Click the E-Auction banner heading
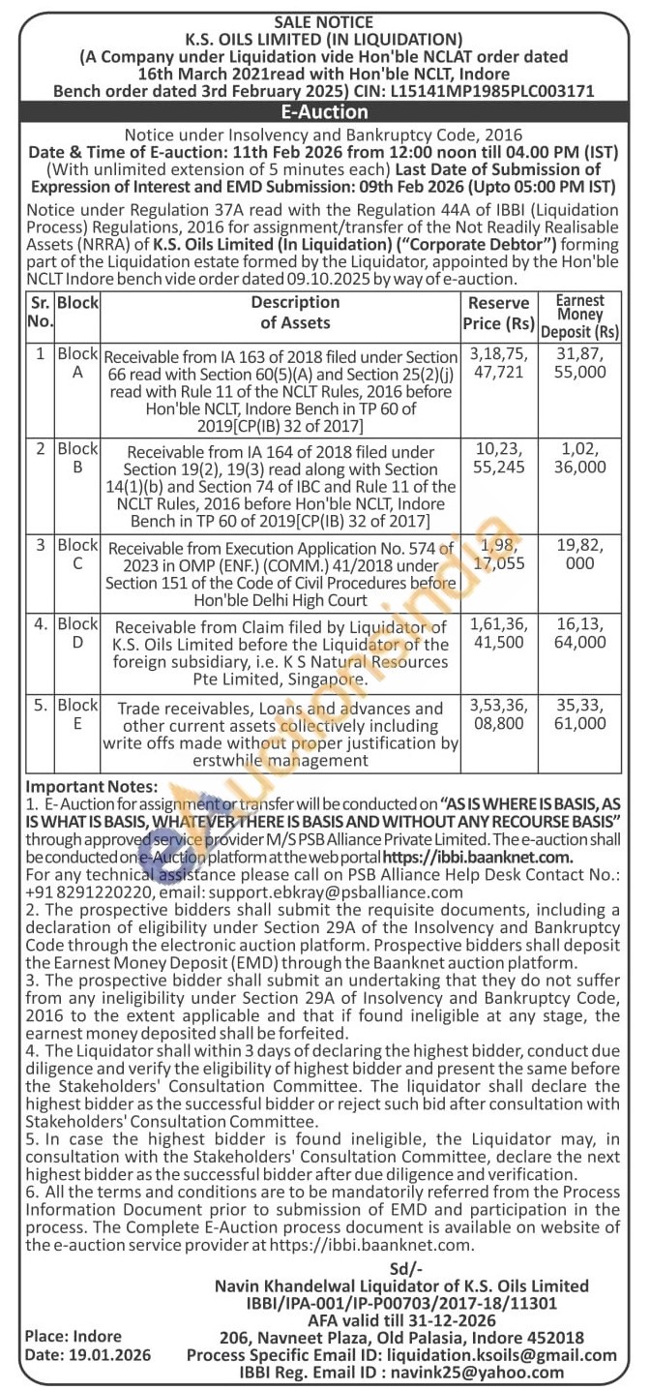click(x=324, y=112)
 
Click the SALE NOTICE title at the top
click(x=325, y=22)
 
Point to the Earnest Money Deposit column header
click(x=580, y=316)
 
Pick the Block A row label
click(x=77, y=363)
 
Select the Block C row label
click(x=77, y=555)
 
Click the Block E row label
click(x=77, y=714)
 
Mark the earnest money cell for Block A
click(x=580, y=363)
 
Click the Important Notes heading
click(x=91, y=786)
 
